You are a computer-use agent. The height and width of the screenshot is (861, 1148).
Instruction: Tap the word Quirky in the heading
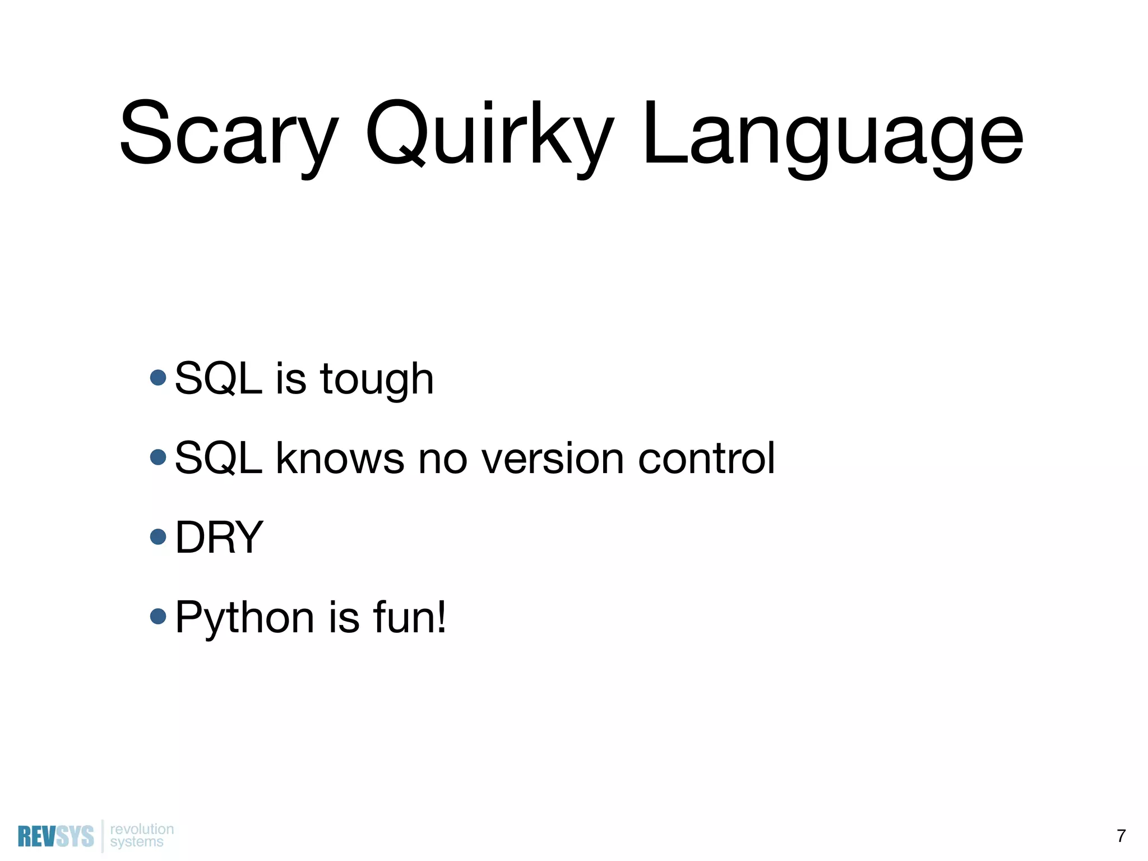click(489, 135)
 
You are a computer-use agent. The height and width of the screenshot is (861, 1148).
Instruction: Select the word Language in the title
click(833, 135)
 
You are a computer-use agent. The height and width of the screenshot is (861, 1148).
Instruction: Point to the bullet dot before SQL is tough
click(159, 377)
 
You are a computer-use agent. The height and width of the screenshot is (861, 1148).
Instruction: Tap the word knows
click(340, 459)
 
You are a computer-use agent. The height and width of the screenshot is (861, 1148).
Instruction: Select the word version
click(552, 459)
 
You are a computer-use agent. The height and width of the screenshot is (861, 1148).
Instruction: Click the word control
click(706, 459)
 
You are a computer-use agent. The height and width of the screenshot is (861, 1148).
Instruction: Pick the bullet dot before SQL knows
click(159, 457)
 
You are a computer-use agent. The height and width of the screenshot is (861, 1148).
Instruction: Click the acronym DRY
click(219, 538)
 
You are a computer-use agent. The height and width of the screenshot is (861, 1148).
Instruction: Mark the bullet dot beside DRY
click(159, 536)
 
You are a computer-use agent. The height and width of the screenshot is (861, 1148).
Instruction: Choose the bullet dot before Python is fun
click(159, 617)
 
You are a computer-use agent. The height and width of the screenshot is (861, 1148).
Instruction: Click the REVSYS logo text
click(55, 836)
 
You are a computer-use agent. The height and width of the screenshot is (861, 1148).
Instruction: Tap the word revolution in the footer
click(142, 829)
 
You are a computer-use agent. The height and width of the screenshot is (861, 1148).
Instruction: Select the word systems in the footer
click(137, 842)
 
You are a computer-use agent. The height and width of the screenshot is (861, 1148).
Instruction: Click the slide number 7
click(1121, 836)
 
